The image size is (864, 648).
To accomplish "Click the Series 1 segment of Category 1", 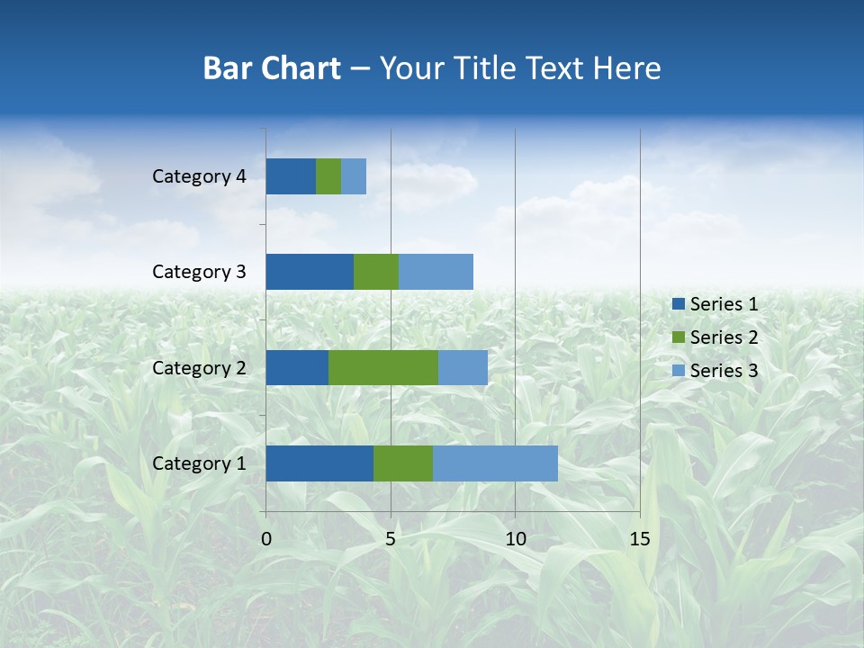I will point(319,463).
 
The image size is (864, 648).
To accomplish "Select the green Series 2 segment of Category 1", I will point(403,463).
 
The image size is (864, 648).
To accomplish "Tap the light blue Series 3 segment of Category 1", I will point(495,463).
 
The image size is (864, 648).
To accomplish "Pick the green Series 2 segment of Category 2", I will point(383,367).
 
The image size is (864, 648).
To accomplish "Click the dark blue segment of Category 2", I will point(297,367).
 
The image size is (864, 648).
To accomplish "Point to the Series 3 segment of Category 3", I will point(436,272).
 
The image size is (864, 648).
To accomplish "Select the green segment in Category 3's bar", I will point(376,272).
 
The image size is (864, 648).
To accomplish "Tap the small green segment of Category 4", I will point(328,176).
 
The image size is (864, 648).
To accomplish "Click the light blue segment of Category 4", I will point(354,176).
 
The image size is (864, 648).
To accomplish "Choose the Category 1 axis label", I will point(199,463).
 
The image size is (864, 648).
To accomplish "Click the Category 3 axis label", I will point(199,272).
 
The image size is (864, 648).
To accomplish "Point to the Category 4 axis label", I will point(199,176).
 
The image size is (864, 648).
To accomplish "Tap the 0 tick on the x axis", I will point(266,539).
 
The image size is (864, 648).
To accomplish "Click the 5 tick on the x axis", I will point(391,539).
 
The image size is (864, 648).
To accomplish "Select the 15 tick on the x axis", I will point(639,539).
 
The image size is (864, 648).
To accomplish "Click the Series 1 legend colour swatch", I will point(678,304).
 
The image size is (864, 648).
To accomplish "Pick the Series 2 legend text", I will point(724,337).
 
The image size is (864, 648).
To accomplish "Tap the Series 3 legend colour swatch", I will point(678,371).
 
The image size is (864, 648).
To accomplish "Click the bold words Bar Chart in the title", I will point(272,68).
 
